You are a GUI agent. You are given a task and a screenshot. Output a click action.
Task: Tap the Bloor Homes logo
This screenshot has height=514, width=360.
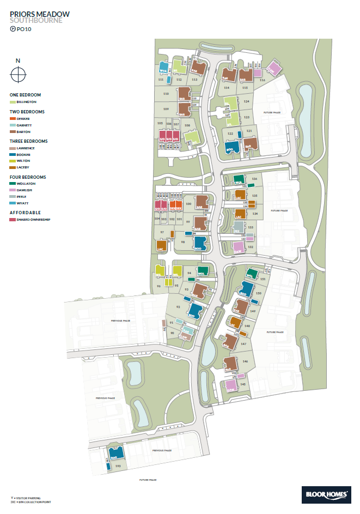(x=326, y=494)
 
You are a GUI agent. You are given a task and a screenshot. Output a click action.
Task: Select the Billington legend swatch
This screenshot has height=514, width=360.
(x=13, y=102)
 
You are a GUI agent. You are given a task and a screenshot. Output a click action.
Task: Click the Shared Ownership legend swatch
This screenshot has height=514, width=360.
(x=13, y=220)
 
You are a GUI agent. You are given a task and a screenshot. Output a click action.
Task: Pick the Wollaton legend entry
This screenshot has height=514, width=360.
(x=13, y=184)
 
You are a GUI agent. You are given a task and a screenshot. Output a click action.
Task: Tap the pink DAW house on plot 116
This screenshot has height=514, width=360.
(x=273, y=70)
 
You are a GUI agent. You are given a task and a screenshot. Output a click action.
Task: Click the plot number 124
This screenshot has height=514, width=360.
(x=246, y=101)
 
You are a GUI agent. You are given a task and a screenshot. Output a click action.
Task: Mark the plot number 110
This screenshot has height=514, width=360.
(x=166, y=94)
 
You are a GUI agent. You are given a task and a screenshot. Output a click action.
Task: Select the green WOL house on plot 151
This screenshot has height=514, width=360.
(x=251, y=274)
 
